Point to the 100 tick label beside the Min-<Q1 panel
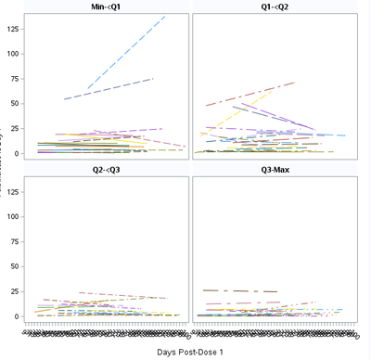pyautogui.click(x=14, y=53)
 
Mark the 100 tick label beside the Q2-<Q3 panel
pyautogui.click(x=14, y=216)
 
